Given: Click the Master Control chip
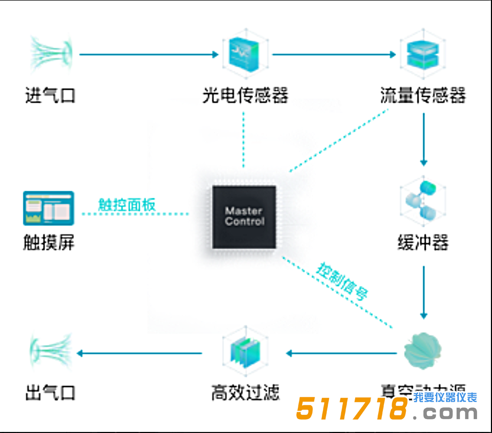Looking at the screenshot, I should (244, 216).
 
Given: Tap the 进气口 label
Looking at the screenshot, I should (50, 96).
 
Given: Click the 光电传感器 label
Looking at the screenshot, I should (245, 96).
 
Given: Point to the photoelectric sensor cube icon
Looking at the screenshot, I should (244, 53).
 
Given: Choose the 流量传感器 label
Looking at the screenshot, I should (422, 96).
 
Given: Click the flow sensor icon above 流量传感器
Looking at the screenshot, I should (422, 54).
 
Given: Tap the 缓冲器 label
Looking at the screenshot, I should (422, 243).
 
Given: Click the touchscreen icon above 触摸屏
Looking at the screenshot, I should (49, 208).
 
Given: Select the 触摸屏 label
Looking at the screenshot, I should (49, 243).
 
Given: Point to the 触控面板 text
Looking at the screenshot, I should (127, 205).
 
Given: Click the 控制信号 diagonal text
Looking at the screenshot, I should (343, 281).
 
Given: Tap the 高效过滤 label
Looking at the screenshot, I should (245, 393).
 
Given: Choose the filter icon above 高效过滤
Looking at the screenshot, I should (244, 353).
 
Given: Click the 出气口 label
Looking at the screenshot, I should (50, 393).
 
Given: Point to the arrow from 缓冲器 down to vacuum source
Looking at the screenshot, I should (424, 291).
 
